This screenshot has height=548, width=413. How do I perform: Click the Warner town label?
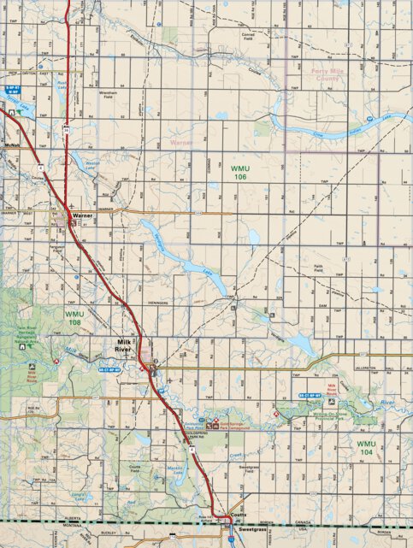pyautogui.click(x=82, y=216)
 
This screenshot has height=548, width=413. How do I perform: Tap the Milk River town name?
pyautogui.click(x=132, y=345)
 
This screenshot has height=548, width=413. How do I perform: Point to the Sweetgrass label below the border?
pyautogui.click(x=245, y=530)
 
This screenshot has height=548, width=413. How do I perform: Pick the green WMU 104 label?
pyautogui.click(x=367, y=448)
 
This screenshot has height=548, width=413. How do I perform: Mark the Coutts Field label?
pyautogui.click(x=133, y=468)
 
